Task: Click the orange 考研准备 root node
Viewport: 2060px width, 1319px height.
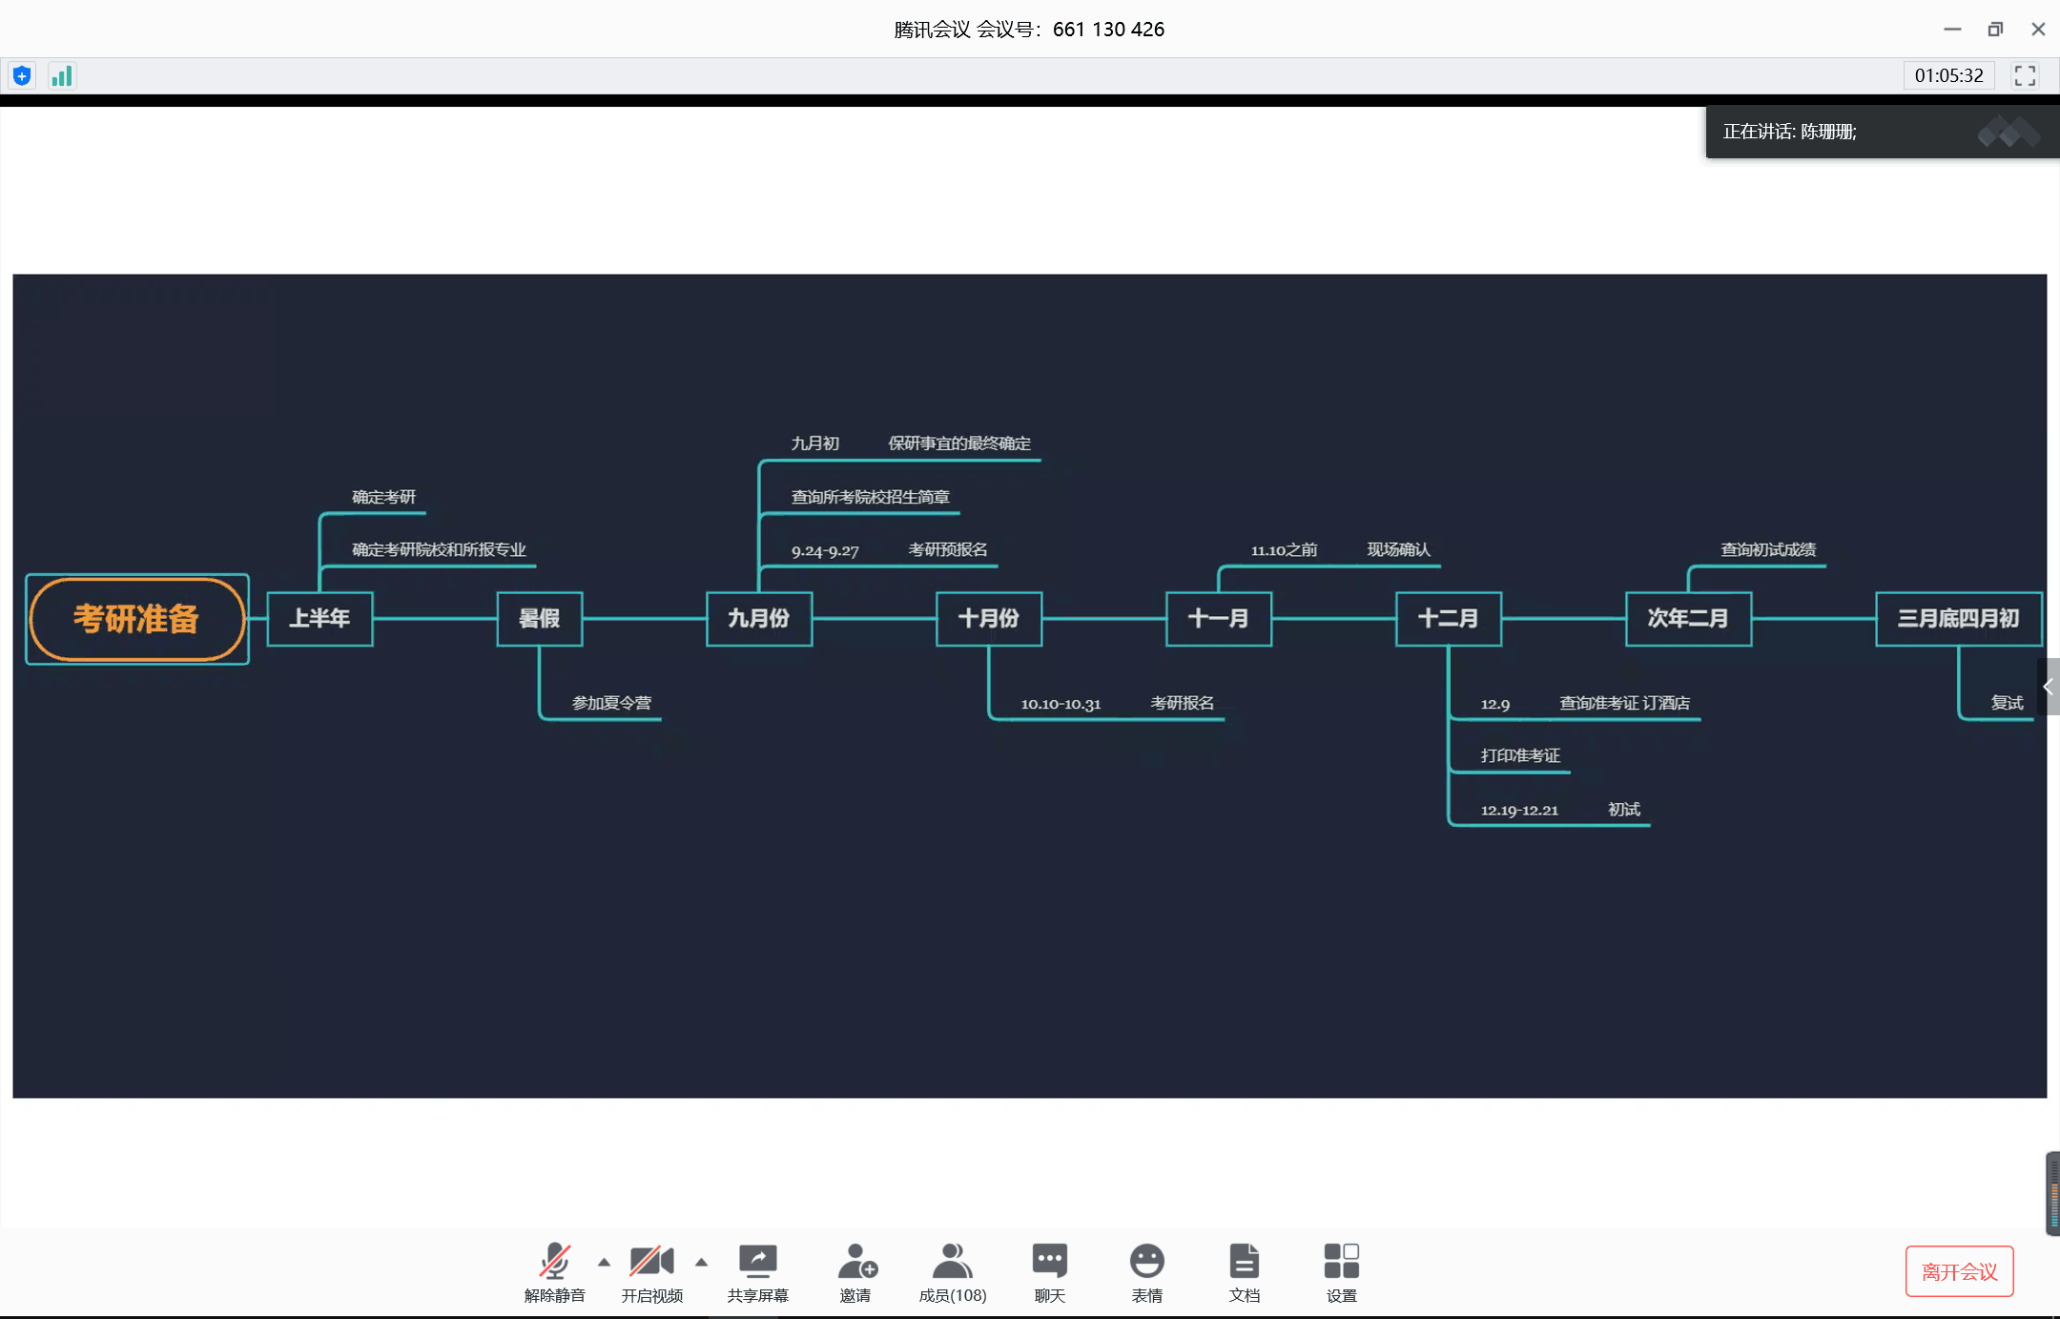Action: [136, 619]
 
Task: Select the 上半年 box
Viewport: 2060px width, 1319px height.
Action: [319, 619]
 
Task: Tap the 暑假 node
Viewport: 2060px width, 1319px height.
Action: [539, 619]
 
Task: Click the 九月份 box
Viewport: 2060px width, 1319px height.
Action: [758, 619]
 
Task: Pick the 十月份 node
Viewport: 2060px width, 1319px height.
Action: [988, 619]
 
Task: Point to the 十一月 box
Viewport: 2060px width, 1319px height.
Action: [1218, 619]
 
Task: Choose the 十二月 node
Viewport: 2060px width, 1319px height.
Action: [1448, 619]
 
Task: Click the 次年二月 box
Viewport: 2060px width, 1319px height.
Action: [1687, 619]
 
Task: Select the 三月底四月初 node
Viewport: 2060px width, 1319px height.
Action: [1958, 619]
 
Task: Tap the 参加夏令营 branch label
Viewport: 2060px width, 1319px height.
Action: [611, 703]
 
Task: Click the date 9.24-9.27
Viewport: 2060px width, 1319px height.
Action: [825, 550]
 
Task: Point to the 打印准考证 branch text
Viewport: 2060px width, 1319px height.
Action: [1520, 755]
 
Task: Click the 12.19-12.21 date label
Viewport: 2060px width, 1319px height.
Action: [1519, 810]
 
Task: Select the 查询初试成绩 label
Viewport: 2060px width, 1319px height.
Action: [1768, 549]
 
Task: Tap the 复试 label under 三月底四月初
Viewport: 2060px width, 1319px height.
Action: [2007, 703]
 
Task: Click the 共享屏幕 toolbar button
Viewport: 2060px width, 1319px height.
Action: [758, 1271]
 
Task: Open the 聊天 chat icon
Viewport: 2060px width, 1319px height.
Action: [1049, 1271]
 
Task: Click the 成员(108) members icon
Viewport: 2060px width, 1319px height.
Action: [952, 1271]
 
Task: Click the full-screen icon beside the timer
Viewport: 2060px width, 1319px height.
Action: [2025, 75]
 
